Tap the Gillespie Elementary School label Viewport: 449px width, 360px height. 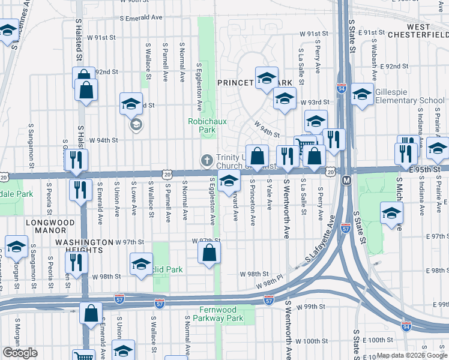point(409,96)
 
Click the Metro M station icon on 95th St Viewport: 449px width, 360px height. point(346,180)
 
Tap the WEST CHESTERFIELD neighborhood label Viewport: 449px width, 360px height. point(418,31)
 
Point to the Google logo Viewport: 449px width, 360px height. point(20,353)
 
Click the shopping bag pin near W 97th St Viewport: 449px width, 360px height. point(209,252)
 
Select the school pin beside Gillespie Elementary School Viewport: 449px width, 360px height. point(362,94)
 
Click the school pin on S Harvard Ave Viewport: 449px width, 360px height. point(228,181)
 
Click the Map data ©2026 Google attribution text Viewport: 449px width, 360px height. point(412,355)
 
